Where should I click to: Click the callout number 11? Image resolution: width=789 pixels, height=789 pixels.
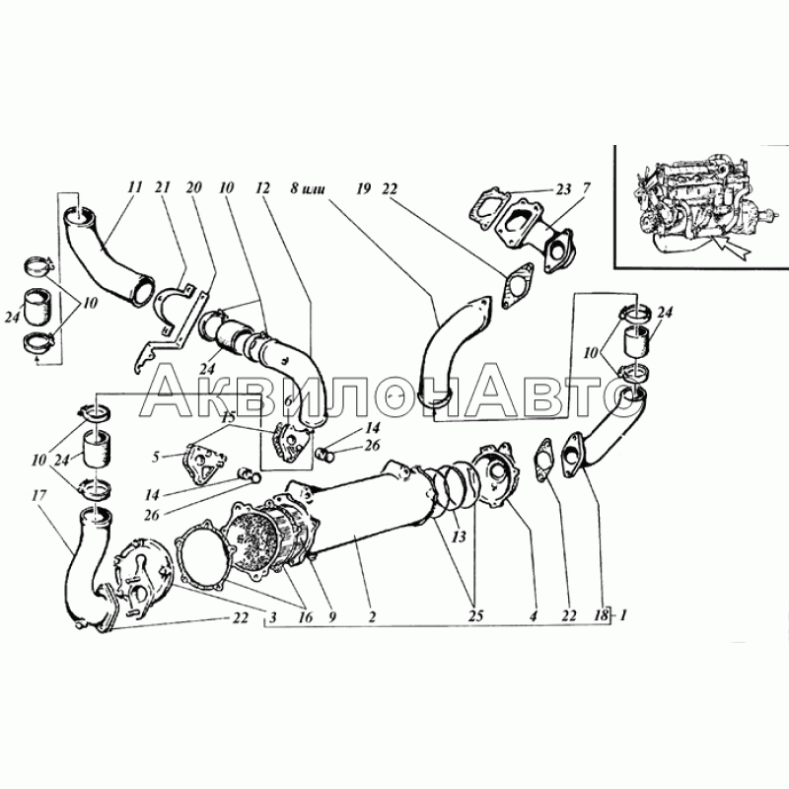[x=135, y=187]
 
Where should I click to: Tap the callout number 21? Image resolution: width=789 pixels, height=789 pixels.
[x=163, y=187]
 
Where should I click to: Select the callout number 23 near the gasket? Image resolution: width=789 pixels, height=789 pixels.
[x=563, y=188]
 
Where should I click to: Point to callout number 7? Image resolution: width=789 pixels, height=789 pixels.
[x=586, y=188]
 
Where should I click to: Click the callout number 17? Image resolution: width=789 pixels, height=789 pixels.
[x=38, y=496]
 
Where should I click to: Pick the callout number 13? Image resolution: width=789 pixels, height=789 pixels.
[x=459, y=537]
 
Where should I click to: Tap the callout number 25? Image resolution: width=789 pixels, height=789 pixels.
[x=475, y=615]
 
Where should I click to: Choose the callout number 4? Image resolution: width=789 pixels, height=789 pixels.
[x=534, y=615]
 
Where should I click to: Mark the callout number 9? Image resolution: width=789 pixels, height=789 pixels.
[x=331, y=617]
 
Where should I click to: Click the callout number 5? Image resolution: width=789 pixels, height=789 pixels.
[x=156, y=457]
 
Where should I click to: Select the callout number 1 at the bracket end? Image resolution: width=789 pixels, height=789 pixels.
[x=623, y=614]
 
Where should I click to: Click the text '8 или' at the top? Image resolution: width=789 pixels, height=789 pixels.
[x=307, y=188]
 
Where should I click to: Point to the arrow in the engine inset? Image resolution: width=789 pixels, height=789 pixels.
[x=733, y=250]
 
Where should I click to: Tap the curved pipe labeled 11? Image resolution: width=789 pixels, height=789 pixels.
[x=108, y=254]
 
